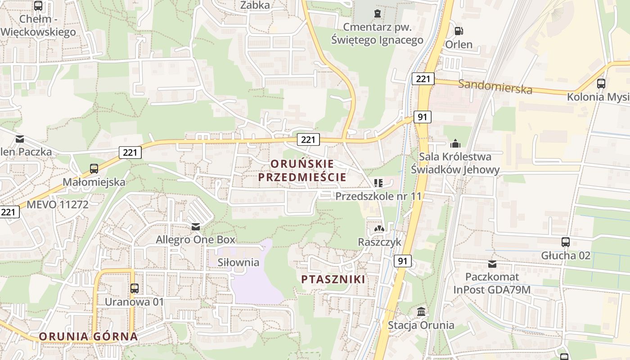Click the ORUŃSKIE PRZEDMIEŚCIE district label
click(x=302, y=170)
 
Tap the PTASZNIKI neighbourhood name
click(x=333, y=279)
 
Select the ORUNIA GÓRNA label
click(x=88, y=336)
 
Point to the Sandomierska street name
click(x=495, y=86)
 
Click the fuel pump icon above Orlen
click(x=459, y=31)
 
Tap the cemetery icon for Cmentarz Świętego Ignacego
click(x=377, y=13)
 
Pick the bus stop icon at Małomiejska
click(x=94, y=169)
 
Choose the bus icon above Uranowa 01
click(x=134, y=288)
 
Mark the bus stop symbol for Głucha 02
click(x=566, y=242)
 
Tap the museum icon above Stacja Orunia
click(x=421, y=311)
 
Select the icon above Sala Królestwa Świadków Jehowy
click(x=455, y=143)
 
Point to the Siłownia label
click(x=238, y=262)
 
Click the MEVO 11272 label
click(x=58, y=204)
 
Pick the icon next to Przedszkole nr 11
click(x=378, y=183)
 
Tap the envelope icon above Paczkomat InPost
click(x=492, y=264)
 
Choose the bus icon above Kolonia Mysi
click(x=601, y=83)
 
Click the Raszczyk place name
click(x=379, y=242)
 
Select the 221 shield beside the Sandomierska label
click(x=423, y=79)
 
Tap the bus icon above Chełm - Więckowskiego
click(x=38, y=6)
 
